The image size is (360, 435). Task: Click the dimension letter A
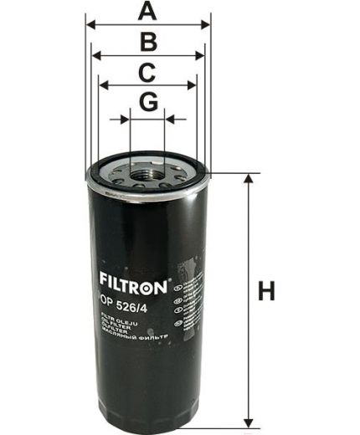147,11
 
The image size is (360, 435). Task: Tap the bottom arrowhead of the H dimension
247,421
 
